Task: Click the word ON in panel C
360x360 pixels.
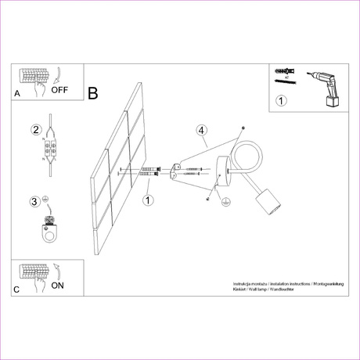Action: pos(57,286)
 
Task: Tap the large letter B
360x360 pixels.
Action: pos(93,94)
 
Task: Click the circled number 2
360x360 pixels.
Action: pos(35,130)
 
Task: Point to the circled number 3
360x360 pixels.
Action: pos(34,202)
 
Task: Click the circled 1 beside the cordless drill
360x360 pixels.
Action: pos(282,100)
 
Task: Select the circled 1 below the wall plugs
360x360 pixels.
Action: pos(147,200)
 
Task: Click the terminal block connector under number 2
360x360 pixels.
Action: pos(52,149)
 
